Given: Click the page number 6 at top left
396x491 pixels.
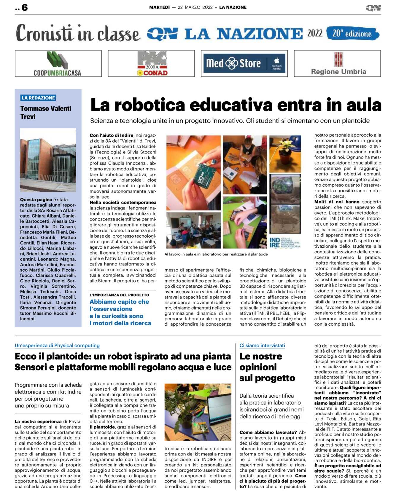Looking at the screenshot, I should point(25,7).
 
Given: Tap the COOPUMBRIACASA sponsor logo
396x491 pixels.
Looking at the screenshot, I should point(58,64).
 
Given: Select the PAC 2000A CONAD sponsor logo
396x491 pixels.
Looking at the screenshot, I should point(152,64).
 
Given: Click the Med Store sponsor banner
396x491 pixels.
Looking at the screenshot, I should point(244,63).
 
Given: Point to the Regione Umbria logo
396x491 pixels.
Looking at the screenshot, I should point(338,64).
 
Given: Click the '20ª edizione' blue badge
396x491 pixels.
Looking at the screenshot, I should point(352,33).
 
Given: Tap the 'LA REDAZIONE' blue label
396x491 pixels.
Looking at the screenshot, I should point(38,98).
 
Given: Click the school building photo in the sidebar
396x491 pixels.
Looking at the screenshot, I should point(48,160).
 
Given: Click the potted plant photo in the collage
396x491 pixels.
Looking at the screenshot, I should point(285,154).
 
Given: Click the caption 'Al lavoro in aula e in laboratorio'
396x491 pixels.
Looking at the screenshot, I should point(216,254).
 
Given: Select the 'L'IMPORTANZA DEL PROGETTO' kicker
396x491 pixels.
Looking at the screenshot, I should point(119,295).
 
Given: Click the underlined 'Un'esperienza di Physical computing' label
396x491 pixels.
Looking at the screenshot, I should point(57,346).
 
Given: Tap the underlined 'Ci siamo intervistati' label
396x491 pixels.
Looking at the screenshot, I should point(262,346).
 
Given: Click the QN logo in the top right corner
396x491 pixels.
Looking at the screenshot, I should point(373,8).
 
